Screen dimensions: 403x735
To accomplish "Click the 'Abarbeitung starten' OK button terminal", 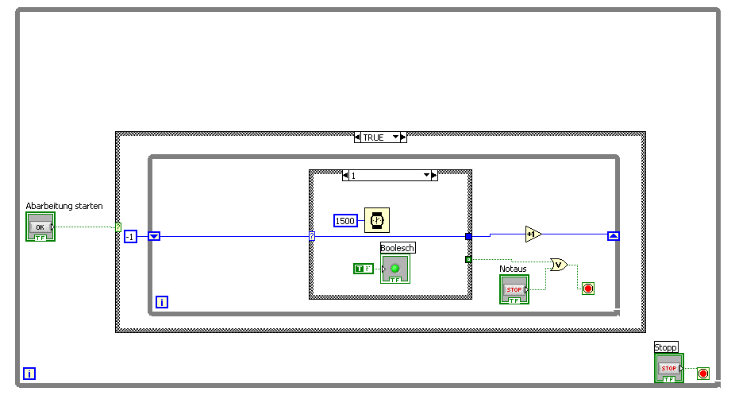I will point(40,227).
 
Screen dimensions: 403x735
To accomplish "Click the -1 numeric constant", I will point(130,236).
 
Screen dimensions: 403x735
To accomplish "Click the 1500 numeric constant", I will point(345,220).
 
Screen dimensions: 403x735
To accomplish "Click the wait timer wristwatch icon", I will point(377,220).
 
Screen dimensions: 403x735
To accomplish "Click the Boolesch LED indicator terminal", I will point(394,269).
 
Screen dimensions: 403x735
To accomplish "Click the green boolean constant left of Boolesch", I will point(363,269).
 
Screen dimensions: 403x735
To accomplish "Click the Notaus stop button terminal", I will point(514,289).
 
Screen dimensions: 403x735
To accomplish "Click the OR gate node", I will point(559,265).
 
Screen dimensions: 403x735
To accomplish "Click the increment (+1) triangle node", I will point(533,234).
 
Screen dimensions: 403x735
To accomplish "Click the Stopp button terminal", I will point(668,368).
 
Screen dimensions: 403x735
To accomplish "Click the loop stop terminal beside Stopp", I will point(702,373).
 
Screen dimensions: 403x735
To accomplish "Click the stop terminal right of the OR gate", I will point(587,288).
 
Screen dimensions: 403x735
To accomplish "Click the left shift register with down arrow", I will point(155,236).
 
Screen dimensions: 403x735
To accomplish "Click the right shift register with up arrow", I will point(613,236).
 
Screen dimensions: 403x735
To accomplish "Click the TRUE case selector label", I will point(380,138).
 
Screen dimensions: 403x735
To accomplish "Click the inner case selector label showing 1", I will point(389,175).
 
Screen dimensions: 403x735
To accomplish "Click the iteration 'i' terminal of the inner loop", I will point(162,302).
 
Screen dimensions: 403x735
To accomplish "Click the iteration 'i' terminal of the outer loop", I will point(29,373).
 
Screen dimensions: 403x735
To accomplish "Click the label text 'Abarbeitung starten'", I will point(64,206).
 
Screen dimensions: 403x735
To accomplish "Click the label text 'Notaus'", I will point(513,269).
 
